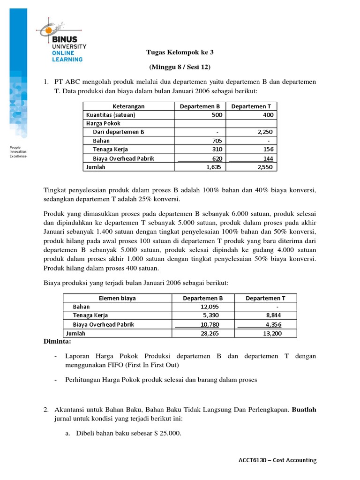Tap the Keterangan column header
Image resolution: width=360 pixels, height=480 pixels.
coord(129,106)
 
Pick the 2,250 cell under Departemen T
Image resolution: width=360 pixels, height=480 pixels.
coord(265,132)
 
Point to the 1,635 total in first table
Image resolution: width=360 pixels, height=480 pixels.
coord(214,166)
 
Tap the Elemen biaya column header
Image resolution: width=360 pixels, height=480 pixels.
coord(117,298)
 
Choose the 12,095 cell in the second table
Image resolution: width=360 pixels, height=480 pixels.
coord(209,307)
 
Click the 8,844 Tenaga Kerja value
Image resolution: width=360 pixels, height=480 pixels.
coord(274,315)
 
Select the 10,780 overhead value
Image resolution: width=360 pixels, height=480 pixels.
coord(209,324)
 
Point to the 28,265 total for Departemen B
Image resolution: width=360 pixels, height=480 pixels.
coord(209,333)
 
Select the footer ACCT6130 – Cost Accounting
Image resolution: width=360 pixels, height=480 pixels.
coord(277,460)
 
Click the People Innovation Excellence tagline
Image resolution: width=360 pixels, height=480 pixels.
coord(18,152)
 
